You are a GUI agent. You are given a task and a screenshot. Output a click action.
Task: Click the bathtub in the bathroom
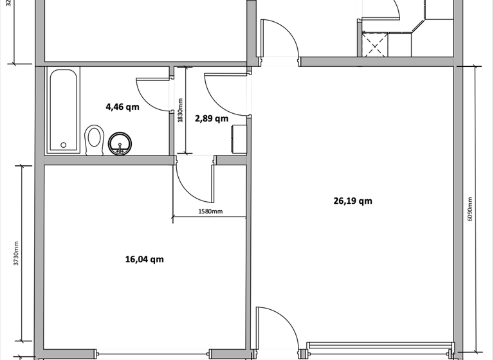pyautogui.click(x=63, y=110)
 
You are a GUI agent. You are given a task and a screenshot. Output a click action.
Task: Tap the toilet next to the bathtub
pyautogui.click(x=95, y=139)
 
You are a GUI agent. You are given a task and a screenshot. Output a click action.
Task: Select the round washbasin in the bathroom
pyautogui.click(x=119, y=144)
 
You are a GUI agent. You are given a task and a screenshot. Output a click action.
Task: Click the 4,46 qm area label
pyautogui.click(x=122, y=107)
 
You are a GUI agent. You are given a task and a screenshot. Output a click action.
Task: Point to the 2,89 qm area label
pyautogui.click(x=211, y=118)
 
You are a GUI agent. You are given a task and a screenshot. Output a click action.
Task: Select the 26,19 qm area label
pyautogui.click(x=352, y=201)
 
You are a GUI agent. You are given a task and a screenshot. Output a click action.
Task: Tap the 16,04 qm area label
pyautogui.click(x=144, y=260)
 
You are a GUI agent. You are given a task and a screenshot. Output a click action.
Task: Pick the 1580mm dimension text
pyautogui.click(x=209, y=212)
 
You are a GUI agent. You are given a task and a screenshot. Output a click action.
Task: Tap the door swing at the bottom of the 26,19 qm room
pyautogui.click(x=277, y=328)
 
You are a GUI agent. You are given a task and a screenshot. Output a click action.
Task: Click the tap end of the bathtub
pyautogui.click(x=63, y=145)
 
